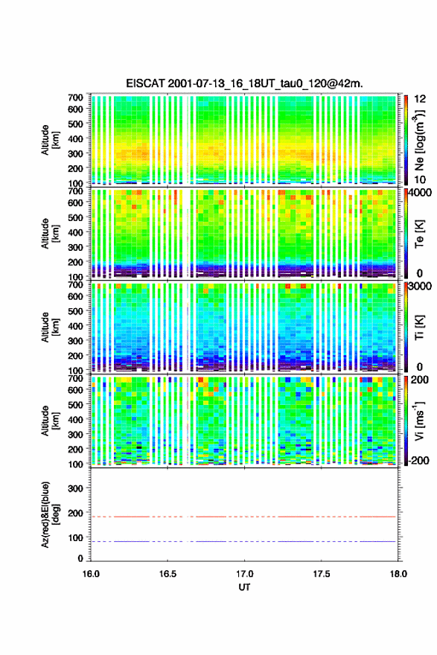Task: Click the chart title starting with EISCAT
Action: click(244, 83)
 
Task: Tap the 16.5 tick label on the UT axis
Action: click(168, 574)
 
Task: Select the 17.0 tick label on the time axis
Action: click(244, 574)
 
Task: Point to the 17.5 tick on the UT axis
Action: click(322, 574)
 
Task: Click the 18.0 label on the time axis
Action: click(398, 574)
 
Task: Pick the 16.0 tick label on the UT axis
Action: click(91, 574)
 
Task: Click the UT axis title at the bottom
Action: click(244, 587)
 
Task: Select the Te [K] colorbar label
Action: click(419, 234)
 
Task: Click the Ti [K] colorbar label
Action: click(419, 327)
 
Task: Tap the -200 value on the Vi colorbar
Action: click(419, 460)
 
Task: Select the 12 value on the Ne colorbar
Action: click(420, 99)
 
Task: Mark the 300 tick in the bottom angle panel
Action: click(75, 488)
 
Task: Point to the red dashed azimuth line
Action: click(243, 517)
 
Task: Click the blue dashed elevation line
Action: click(243, 541)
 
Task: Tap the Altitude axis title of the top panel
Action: click(50, 140)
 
